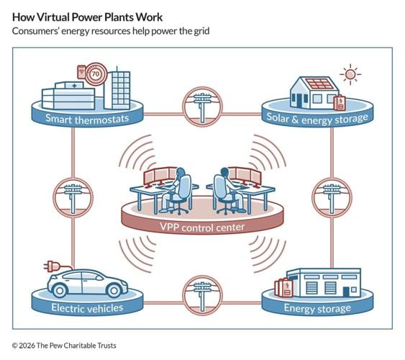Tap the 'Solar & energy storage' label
[317, 117]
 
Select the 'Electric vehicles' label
[87, 308]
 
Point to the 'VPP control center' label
[202, 228]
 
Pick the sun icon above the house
[350, 74]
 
